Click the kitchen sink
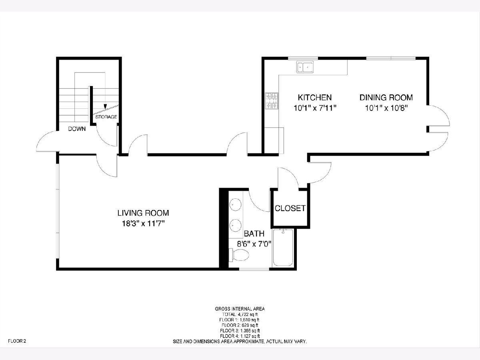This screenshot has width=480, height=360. coord(305,67)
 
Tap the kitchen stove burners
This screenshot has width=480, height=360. coord(272,101)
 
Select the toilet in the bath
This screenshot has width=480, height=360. coord(239,255)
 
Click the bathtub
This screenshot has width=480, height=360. coord(283,248)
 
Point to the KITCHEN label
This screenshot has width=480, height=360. coord(315,98)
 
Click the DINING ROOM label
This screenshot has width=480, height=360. coord(386,98)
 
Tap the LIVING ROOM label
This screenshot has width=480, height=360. coord(143,213)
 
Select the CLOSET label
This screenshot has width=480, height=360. coord(290,208)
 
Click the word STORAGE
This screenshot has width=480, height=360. coord(106,117)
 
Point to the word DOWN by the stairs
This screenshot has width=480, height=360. coord(77,129)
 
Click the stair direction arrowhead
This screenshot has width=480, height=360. coord(105,106)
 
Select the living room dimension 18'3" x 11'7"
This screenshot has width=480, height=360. coord(143,224)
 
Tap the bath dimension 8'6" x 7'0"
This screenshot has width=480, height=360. coord(254,244)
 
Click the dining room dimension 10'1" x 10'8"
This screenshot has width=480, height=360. coord(386,108)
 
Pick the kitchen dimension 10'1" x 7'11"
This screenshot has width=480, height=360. coord(315,108)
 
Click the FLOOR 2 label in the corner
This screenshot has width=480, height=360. coord(17,341)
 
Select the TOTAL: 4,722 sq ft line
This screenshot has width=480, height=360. coord(240,314)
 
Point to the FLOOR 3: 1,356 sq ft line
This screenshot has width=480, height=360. coord(240,331)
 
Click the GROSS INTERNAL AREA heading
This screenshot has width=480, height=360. coord(240,309)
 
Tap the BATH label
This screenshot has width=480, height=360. coord(254,234)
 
